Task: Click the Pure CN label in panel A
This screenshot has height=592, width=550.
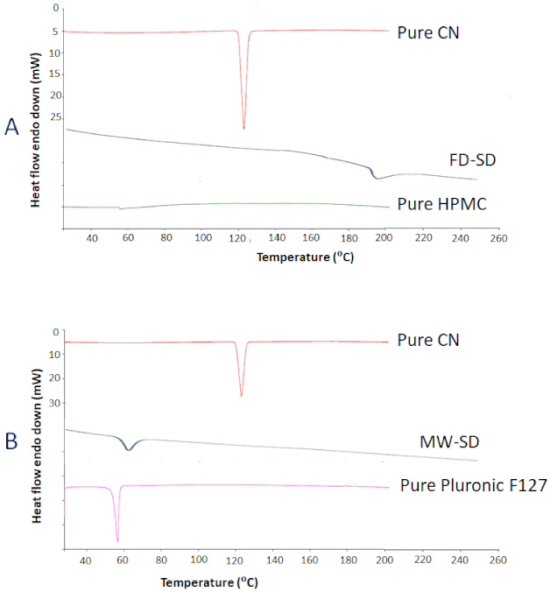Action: tap(428, 34)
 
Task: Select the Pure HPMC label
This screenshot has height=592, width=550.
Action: tap(441, 204)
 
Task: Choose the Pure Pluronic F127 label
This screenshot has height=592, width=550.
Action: tap(474, 484)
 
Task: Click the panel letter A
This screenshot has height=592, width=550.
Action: tap(11, 128)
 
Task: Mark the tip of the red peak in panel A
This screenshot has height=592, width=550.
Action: tap(243, 128)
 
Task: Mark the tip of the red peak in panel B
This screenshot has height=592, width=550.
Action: tap(242, 396)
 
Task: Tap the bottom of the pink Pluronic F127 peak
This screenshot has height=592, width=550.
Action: tap(116, 540)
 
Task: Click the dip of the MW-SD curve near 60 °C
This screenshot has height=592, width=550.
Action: tap(130, 449)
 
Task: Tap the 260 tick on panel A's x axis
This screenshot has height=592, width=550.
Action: tap(497, 238)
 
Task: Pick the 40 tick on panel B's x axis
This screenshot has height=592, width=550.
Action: tap(85, 560)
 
